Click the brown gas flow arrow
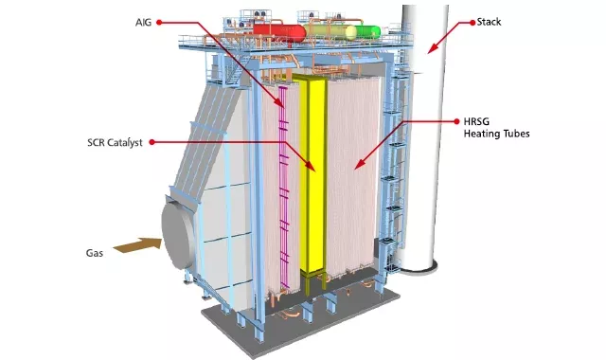click(x=135, y=246)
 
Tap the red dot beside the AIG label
click(x=159, y=20)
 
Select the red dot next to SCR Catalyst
click(x=151, y=143)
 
